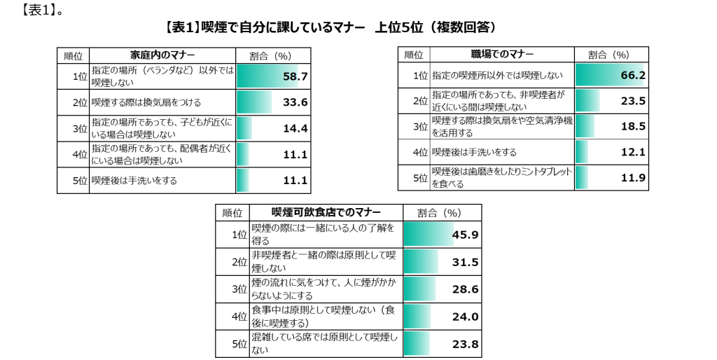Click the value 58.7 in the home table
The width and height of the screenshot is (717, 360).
(295, 76)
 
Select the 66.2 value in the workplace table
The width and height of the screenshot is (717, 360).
(632, 75)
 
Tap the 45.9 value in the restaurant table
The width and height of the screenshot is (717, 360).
(465, 235)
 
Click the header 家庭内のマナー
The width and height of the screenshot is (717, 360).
(162, 55)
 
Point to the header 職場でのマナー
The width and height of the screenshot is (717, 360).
(502, 54)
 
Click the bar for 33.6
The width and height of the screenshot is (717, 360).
(254, 102)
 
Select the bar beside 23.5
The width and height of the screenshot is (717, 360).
(587, 101)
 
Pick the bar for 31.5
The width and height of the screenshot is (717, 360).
(421, 262)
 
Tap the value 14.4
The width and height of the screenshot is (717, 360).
(295, 128)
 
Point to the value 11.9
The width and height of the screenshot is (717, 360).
(632, 178)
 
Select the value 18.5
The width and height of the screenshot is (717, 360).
(632, 127)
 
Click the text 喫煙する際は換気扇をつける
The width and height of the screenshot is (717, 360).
(137, 102)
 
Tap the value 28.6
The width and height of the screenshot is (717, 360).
(465, 289)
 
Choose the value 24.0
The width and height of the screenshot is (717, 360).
(465, 317)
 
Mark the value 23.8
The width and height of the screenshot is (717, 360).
(465, 344)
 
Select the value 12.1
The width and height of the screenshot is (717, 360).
(632, 152)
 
